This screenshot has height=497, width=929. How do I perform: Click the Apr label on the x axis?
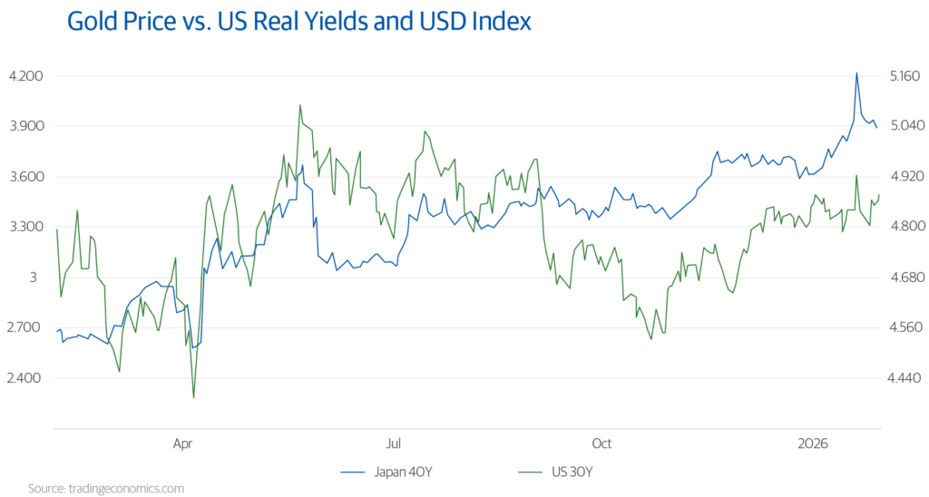182,444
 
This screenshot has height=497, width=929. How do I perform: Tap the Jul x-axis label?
393,444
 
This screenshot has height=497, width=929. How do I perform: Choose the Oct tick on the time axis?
601,444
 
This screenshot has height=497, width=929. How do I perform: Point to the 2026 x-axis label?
812,444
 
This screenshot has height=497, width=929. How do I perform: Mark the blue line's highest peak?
856,72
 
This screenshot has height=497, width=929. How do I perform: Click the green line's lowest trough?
193,397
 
